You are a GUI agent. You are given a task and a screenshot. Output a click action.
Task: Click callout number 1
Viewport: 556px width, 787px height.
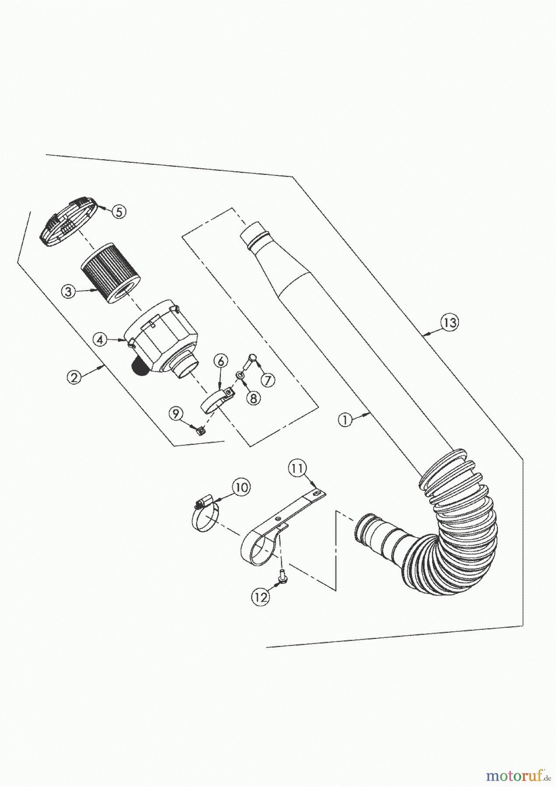pyautogui.click(x=345, y=420)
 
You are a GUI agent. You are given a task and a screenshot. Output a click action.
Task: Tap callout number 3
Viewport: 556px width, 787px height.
pyautogui.click(x=68, y=292)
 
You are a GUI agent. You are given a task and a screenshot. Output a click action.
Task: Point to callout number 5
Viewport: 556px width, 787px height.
pyautogui.click(x=119, y=212)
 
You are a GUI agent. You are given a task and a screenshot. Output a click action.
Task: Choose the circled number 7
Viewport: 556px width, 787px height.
pyautogui.click(x=268, y=380)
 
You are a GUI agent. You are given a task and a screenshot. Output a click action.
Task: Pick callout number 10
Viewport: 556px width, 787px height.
pyautogui.click(x=241, y=487)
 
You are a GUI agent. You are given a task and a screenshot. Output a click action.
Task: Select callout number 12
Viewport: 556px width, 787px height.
pyautogui.click(x=261, y=597)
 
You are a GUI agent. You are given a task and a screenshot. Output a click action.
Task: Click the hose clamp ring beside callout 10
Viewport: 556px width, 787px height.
pyautogui.click(x=204, y=518)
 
